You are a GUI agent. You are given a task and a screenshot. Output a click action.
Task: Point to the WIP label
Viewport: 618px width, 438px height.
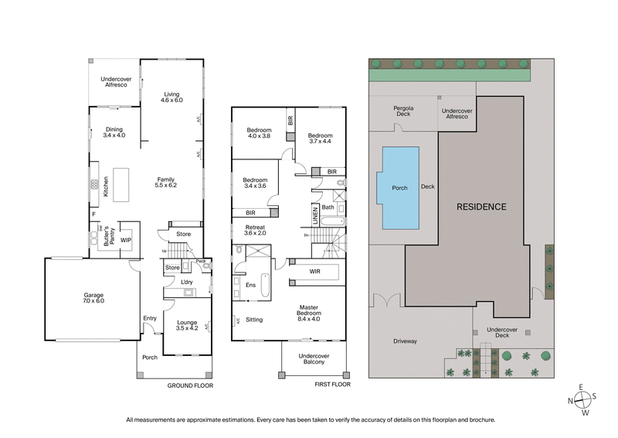[x=126, y=240]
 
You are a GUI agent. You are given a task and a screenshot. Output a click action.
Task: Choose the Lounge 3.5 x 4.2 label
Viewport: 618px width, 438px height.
[x=187, y=326]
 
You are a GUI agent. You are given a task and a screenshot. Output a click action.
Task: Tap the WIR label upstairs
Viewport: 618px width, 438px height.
[x=316, y=271]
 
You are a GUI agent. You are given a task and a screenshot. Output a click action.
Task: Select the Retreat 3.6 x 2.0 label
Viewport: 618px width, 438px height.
[x=254, y=230]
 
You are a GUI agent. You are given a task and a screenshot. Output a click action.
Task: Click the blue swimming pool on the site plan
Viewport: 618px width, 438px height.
[x=400, y=189]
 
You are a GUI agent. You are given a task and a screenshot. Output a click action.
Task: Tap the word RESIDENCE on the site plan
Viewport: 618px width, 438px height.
[x=480, y=207]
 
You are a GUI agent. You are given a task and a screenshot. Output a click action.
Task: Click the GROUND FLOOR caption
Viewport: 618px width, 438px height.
[x=191, y=385]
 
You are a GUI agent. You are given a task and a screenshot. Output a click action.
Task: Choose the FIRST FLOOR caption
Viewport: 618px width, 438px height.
[x=333, y=385]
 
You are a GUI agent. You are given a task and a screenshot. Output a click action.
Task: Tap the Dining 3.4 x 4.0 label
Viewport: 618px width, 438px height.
[x=114, y=132]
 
